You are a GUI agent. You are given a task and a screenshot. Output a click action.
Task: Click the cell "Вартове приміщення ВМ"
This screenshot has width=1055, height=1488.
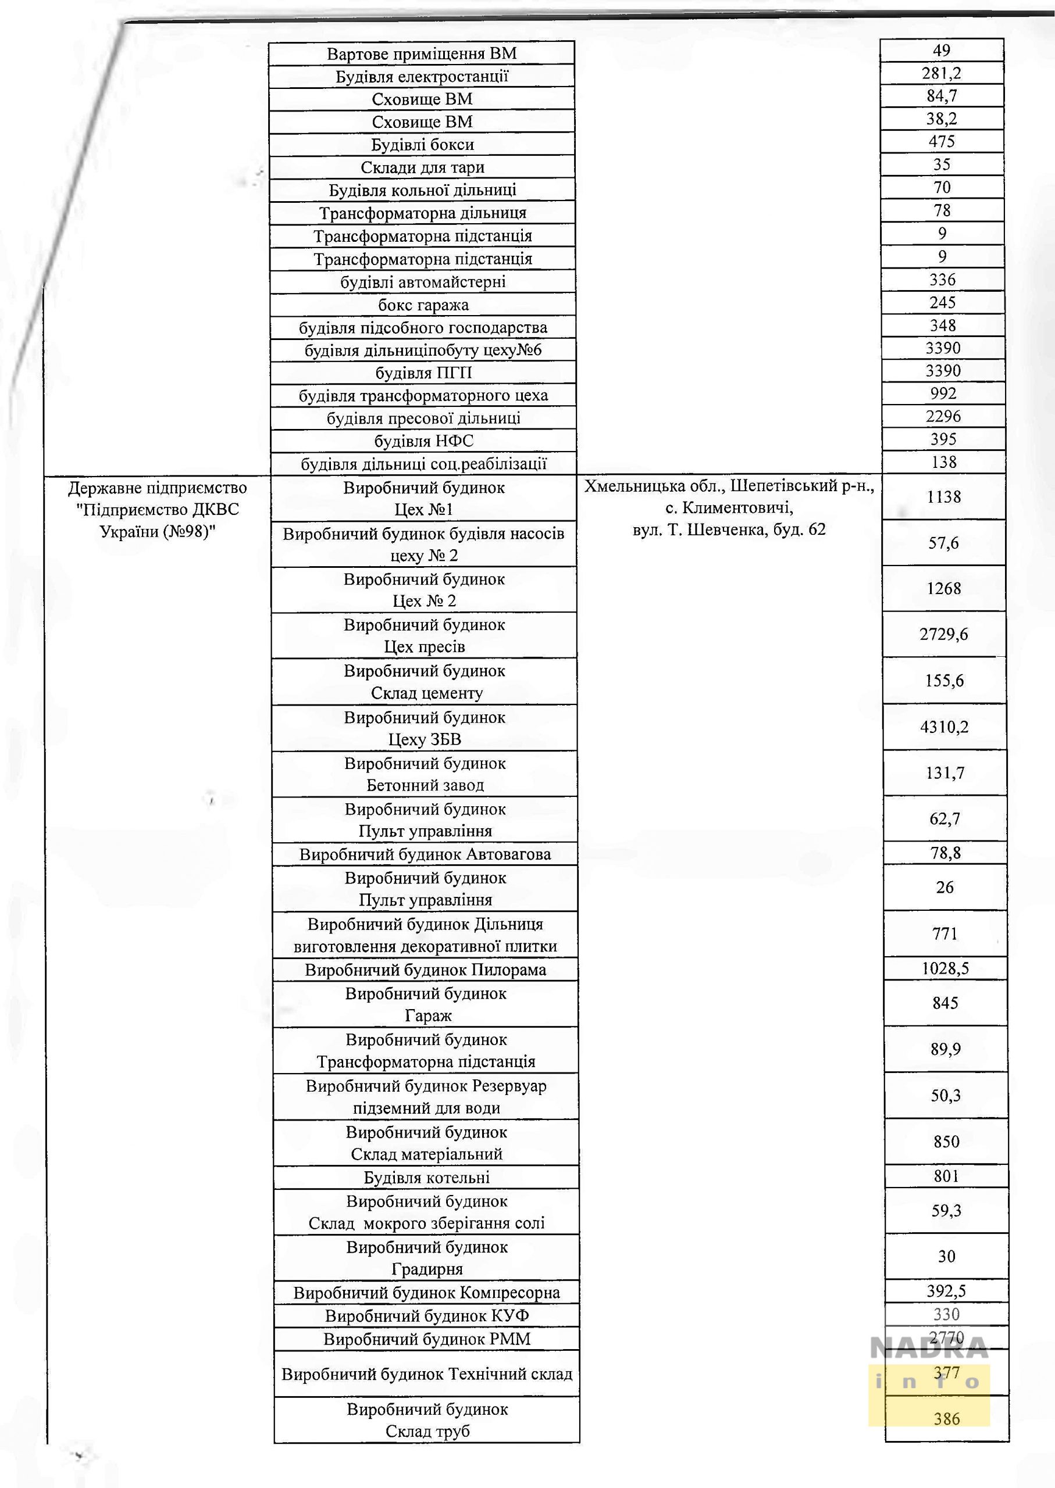[x=422, y=53]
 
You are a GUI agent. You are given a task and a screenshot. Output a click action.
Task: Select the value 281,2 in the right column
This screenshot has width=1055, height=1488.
[x=942, y=73]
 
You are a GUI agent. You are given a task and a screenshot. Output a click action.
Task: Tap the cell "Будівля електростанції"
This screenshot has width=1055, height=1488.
[x=422, y=77]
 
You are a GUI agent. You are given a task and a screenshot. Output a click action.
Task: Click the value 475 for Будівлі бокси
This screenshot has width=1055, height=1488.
[x=942, y=141]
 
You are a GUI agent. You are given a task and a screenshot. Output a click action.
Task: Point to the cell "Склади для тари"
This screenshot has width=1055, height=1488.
[x=422, y=167]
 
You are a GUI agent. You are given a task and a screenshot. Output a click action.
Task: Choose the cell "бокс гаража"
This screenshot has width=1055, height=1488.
[x=423, y=305]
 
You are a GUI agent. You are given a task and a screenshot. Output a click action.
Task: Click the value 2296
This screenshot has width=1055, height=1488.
[x=943, y=416]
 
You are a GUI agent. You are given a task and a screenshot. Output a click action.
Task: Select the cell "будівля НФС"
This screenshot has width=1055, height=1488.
[x=423, y=441]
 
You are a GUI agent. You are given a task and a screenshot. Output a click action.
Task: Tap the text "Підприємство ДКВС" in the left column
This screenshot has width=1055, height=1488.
[x=157, y=509]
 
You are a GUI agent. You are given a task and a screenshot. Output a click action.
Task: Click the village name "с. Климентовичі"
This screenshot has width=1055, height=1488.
[x=729, y=507]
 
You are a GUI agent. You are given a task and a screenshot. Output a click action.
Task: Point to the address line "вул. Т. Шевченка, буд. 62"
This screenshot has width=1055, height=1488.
[x=729, y=530]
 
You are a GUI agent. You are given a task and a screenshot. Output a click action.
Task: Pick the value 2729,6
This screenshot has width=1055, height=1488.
[x=943, y=634]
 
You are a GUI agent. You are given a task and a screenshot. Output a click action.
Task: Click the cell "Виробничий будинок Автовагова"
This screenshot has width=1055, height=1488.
[x=425, y=854]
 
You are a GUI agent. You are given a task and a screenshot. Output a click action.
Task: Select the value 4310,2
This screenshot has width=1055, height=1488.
[x=944, y=727]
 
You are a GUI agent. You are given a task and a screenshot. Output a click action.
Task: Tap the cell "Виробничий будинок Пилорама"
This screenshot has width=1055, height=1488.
[x=426, y=970]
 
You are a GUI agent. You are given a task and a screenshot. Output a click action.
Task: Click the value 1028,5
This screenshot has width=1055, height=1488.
[x=945, y=968]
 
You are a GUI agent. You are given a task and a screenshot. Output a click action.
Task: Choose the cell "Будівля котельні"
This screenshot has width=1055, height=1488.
[x=426, y=1178]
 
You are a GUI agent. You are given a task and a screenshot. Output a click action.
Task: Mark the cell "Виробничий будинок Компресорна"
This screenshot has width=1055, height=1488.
[x=426, y=1293]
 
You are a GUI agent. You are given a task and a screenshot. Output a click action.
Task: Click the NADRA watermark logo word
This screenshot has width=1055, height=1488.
[x=929, y=1349]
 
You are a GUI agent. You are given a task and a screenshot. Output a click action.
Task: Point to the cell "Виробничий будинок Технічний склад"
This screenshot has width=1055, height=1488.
[x=427, y=1375]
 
